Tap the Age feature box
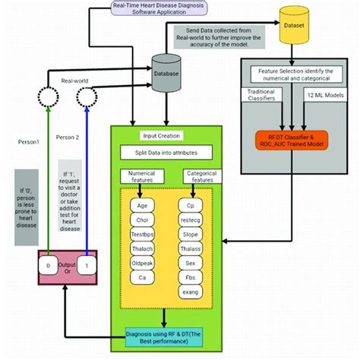click(142, 205)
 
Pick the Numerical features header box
click(142, 178)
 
